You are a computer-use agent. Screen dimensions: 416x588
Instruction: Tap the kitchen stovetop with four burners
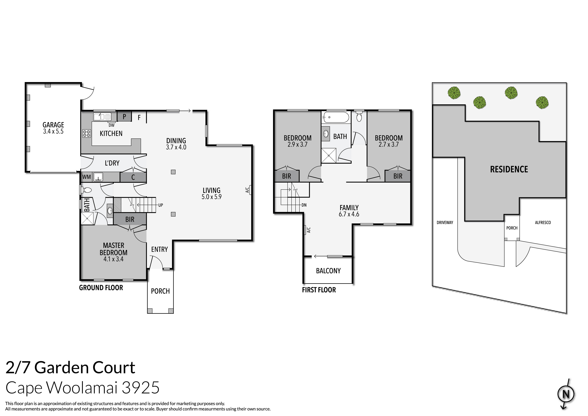[x=86, y=134]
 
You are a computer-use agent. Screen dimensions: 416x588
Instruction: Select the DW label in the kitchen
[x=111, y=125]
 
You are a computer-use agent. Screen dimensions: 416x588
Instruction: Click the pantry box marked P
[x=124, y=117]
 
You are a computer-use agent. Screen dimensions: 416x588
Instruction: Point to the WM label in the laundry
[x=86, y=177]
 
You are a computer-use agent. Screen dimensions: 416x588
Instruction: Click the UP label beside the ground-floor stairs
[x=161, y=205]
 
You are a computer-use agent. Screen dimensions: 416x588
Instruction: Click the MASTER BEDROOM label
[x=113, y=249]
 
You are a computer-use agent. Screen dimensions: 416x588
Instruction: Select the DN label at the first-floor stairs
[x=304, y=205]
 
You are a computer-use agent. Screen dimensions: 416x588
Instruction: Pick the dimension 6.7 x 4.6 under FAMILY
[x=349, y=214]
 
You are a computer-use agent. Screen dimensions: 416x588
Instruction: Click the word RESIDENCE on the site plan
[x=509, y=169]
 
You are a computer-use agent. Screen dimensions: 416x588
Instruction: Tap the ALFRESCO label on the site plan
[x=543, y=222]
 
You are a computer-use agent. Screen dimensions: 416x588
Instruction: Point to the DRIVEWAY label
[x=445, y=222]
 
